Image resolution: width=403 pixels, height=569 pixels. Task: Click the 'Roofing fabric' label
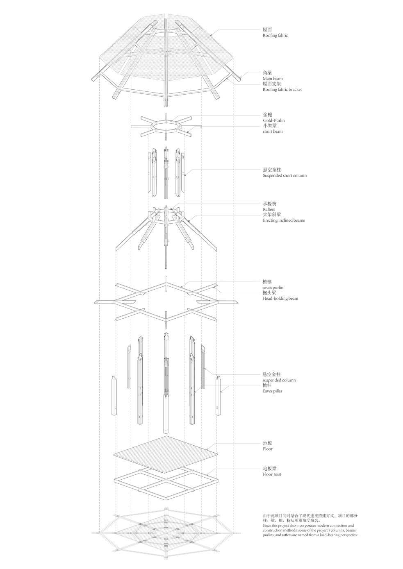click(x=275, y=36)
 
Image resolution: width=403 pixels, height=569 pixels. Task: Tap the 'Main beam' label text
click(x=272, y=78)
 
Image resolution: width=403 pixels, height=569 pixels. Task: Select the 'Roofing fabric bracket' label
click(x=282, y=89)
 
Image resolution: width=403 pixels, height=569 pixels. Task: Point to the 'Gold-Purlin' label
click(x=273, y=120)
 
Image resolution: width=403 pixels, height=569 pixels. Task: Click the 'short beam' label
click(x=272, y=131)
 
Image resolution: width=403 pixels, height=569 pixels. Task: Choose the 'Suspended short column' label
click(x=285, y=175)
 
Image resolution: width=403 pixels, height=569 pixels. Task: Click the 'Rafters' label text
click(x=269, y=209)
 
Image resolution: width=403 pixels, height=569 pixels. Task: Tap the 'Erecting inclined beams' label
click(x=284, y=220)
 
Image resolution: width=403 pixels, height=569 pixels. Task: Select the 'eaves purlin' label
click(x=273, y=288)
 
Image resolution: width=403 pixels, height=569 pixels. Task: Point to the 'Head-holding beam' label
click(x=280, y=299)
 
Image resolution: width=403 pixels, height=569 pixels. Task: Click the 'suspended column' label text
click(x=279, y=380)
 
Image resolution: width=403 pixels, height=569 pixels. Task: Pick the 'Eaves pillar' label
click(x=272, y=391)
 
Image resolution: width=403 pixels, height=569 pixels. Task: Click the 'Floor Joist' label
click(x=271, y=475)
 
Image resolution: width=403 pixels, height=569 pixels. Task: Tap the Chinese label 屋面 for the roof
click(x=267, y=30)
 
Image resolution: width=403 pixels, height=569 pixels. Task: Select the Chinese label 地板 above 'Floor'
click(x=267, y=443)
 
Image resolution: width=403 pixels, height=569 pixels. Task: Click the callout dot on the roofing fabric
click(x=212, y=36)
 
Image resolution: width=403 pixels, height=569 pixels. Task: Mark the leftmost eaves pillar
click(x=114, y=395)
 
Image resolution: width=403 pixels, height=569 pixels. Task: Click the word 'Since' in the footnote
click(x=267, y=525)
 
